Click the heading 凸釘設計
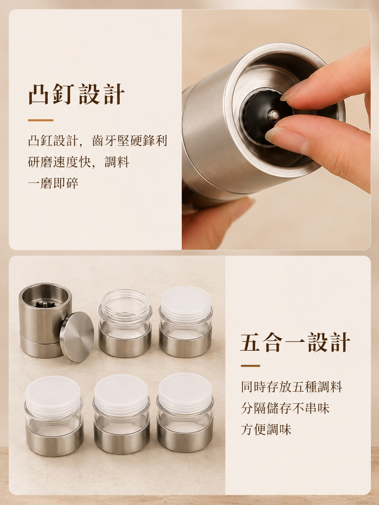click(x=77, y=94)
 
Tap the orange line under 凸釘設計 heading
click(x=41, y=120)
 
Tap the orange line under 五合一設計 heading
click(x=251, y=366)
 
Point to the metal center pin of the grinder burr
click(x=274, y=114)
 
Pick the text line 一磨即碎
click(x=53, y=183)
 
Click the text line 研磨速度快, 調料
click(x=78, y=162)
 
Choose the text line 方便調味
click(x=266, y=429)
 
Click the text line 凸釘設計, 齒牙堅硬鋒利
click(x=97, y=141)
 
